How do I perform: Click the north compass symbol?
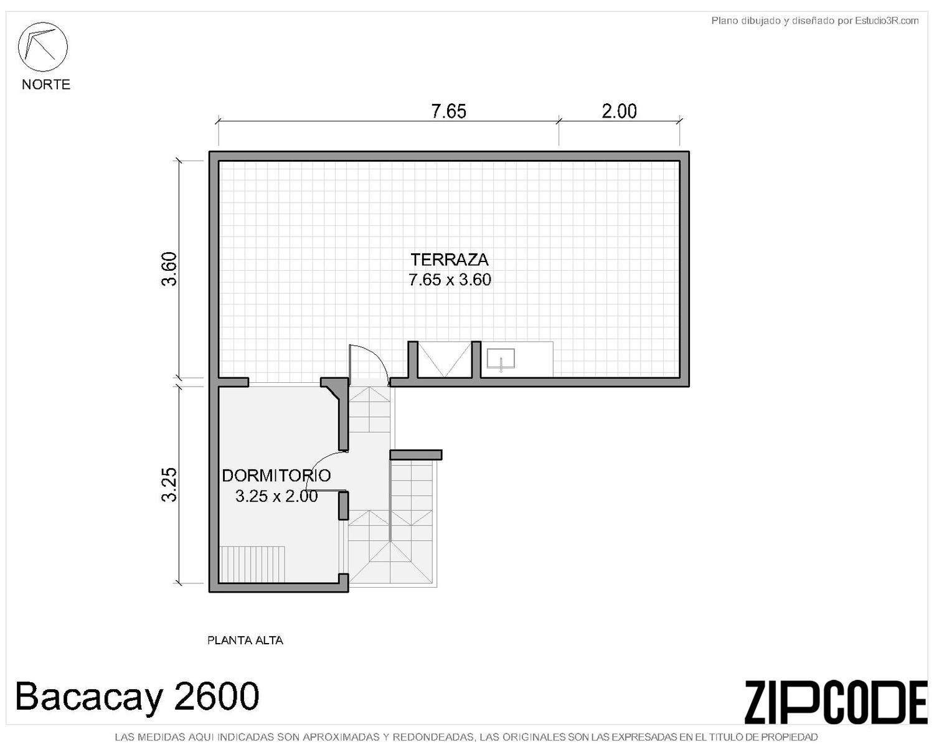point(42,47)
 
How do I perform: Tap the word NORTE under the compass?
point(46,84)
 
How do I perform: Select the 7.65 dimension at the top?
point(448,111)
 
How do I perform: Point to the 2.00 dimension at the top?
point(619,111)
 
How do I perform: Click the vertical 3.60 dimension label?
point(169,269)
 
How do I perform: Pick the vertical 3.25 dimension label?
point(169,484)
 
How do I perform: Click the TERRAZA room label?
point(450,260)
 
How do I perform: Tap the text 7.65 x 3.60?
point(450,280)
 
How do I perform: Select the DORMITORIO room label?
point(276,476)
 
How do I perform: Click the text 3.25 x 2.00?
point(276,496)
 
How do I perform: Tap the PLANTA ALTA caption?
point(245,640)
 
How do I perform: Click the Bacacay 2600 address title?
point(137,696)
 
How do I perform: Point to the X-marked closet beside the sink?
point(445,359)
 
